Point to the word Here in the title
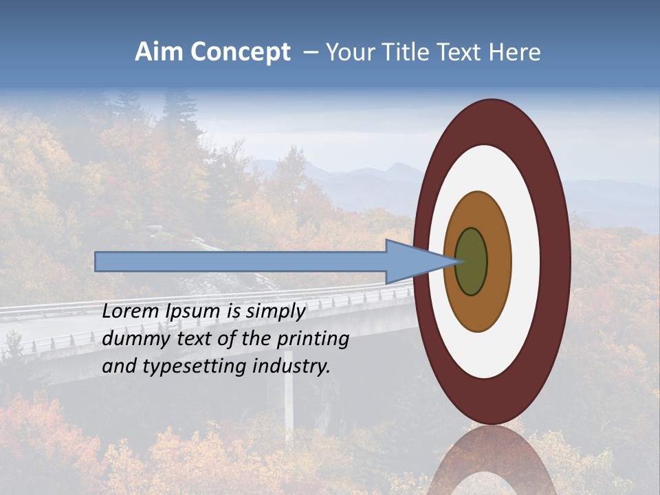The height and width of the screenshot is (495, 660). coord(515,52)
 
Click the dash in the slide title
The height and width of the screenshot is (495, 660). coord(311,53)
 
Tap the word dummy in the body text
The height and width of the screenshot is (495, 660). coord(131,340)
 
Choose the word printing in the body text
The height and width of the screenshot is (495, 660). coord(312,340)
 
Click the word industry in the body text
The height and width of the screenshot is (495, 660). coord(291,367)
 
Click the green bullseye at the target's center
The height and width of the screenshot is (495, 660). coord(472,261)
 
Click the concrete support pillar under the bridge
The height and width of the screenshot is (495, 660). coord(289,406)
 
